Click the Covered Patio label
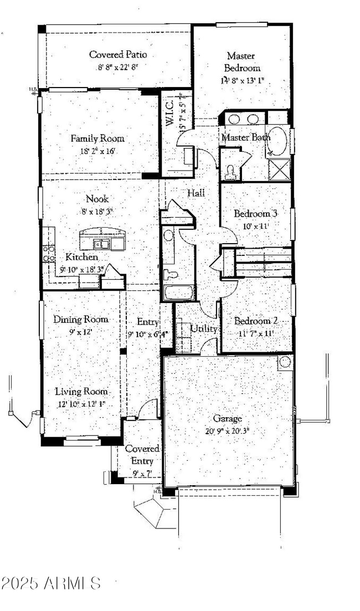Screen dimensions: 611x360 (117, 54)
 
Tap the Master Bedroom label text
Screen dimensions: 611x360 (242, 61)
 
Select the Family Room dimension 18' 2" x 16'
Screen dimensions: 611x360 (97, 151)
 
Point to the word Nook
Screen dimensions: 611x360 (97, 198)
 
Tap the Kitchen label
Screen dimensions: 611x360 (81, 257)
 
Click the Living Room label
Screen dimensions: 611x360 (81, 391)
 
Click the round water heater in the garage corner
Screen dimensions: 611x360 (284, 362)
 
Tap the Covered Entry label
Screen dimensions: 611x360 (142, 454)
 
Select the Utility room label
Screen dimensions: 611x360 (204, 328)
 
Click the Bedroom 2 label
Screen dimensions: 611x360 (256, 321)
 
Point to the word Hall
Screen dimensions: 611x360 (196, 193)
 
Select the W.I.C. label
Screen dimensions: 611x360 (169, 112)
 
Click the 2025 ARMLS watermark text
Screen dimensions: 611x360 (51, 583)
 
